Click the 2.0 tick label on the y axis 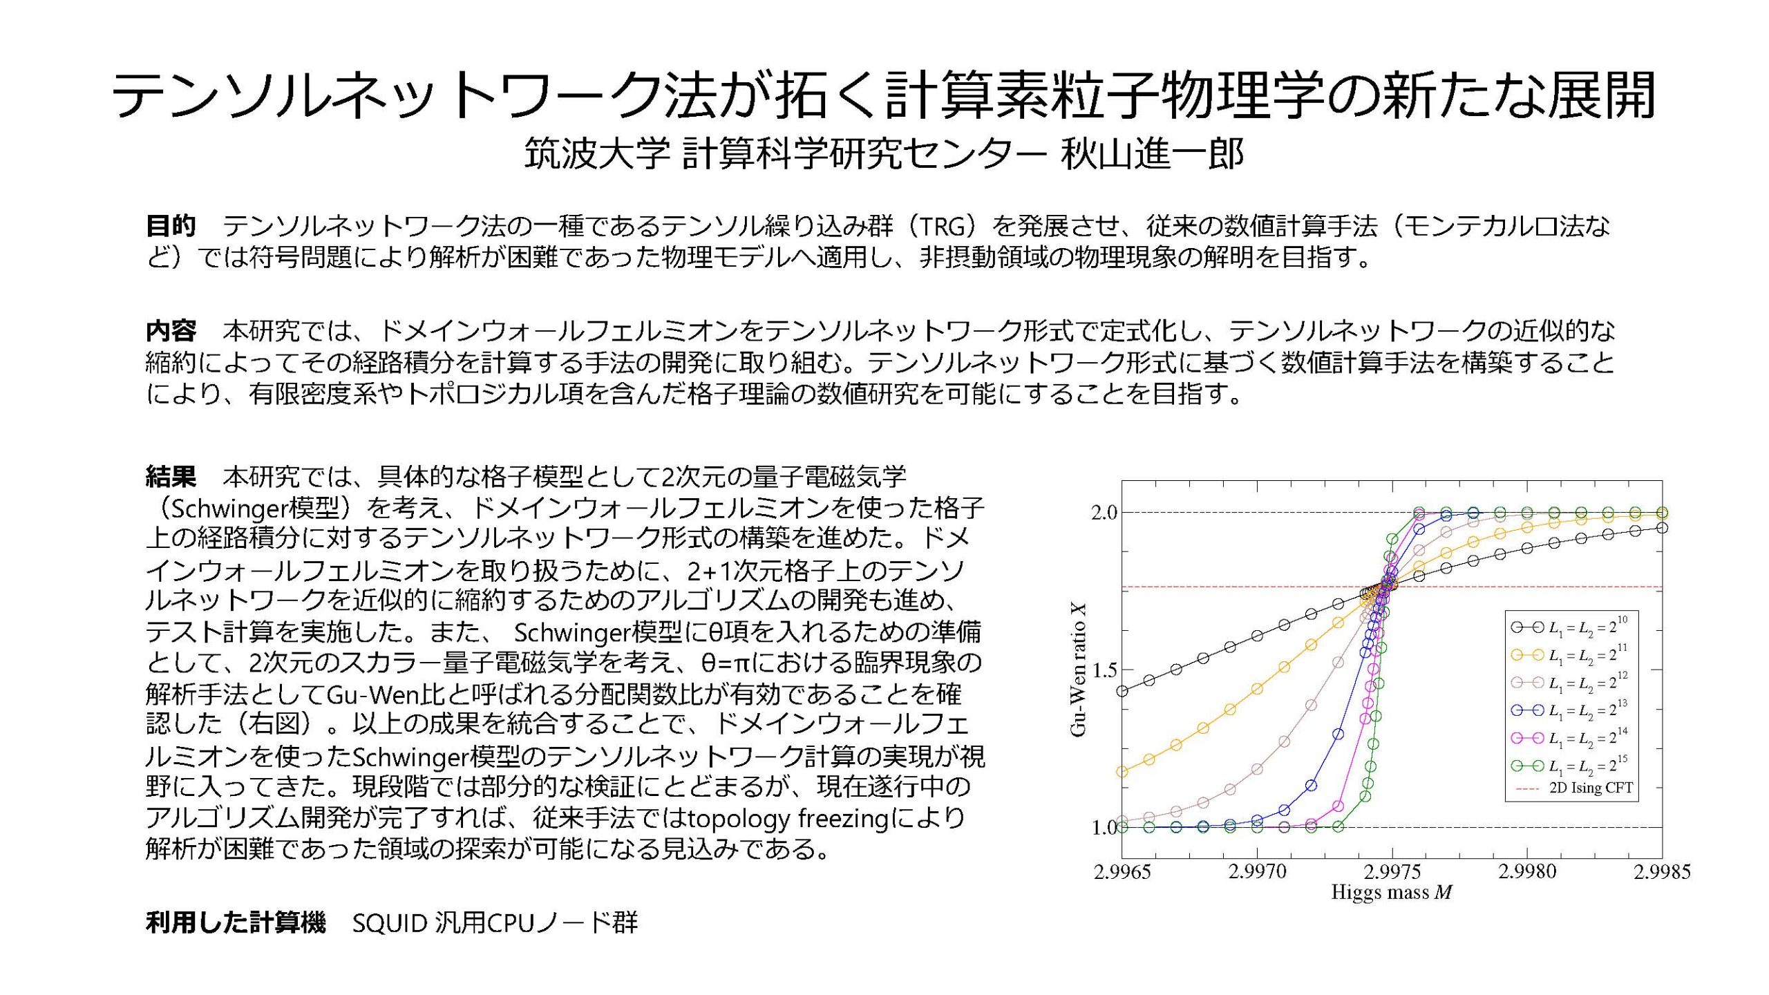pyautogui.click(x=1104, y=513)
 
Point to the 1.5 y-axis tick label pyautogui.click(x=1104, y=670)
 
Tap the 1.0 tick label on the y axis pyautogui.click(x=1104, y=828)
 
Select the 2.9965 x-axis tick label pyautogui.click(x=1122, y=873)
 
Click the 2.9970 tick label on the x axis pyautogui.click(x=1258, y=873)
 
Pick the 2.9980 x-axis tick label pyautogui.click(x=1528, y=873)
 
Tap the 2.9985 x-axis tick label pyautogui.click(x=1663, y=873)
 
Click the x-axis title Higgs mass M pyautogui.click(x=1392, y=893)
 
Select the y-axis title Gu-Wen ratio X pyautogui.click(x=1078, y=670)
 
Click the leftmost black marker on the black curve pyautogui.click(x=1122, y=691)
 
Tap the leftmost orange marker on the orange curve pyautogui.click(x=1122, y=772)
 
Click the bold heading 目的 pyautogui.click(x=171, y=226)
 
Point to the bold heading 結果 pyautogui.click(x=171, y=476)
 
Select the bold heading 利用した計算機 pyautogui.click(x=235, y=922)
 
